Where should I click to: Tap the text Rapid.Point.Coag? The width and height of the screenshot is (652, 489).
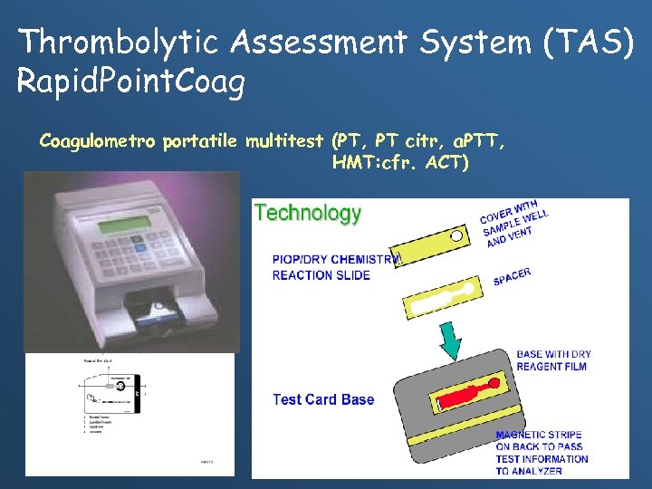(131, 82)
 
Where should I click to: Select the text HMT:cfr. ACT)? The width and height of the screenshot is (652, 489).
(400, 163)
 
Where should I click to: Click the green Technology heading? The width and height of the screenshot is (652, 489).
(308, 213)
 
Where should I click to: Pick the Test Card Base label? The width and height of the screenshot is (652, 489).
(323, 399)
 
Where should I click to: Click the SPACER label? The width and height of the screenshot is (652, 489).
(513, 276)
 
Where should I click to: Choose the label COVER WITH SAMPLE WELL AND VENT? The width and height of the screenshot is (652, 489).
(513, 224)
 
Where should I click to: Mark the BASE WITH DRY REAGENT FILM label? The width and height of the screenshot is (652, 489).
(551, 360)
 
